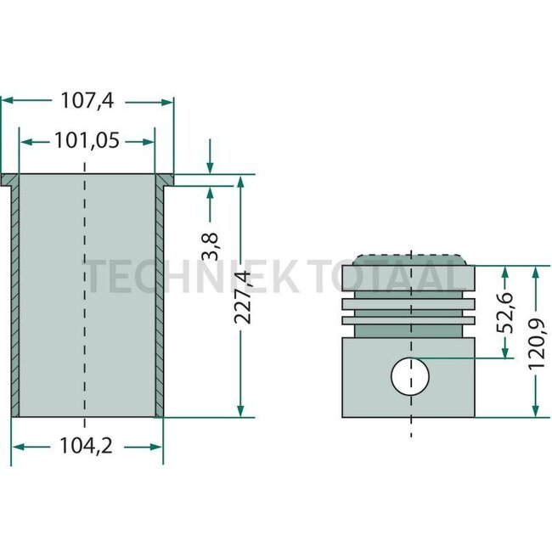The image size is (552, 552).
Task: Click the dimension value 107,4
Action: click(87, 101)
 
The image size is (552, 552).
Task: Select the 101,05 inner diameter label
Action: click(86, 140)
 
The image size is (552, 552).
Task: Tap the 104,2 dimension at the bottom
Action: click(87, 445)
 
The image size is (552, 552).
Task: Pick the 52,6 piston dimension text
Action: click(505, 313)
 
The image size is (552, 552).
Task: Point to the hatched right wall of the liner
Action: click(159, 297)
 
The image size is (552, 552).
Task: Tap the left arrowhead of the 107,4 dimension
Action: click(7, 101)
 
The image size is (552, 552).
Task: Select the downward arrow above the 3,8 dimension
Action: click(210, 166)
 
